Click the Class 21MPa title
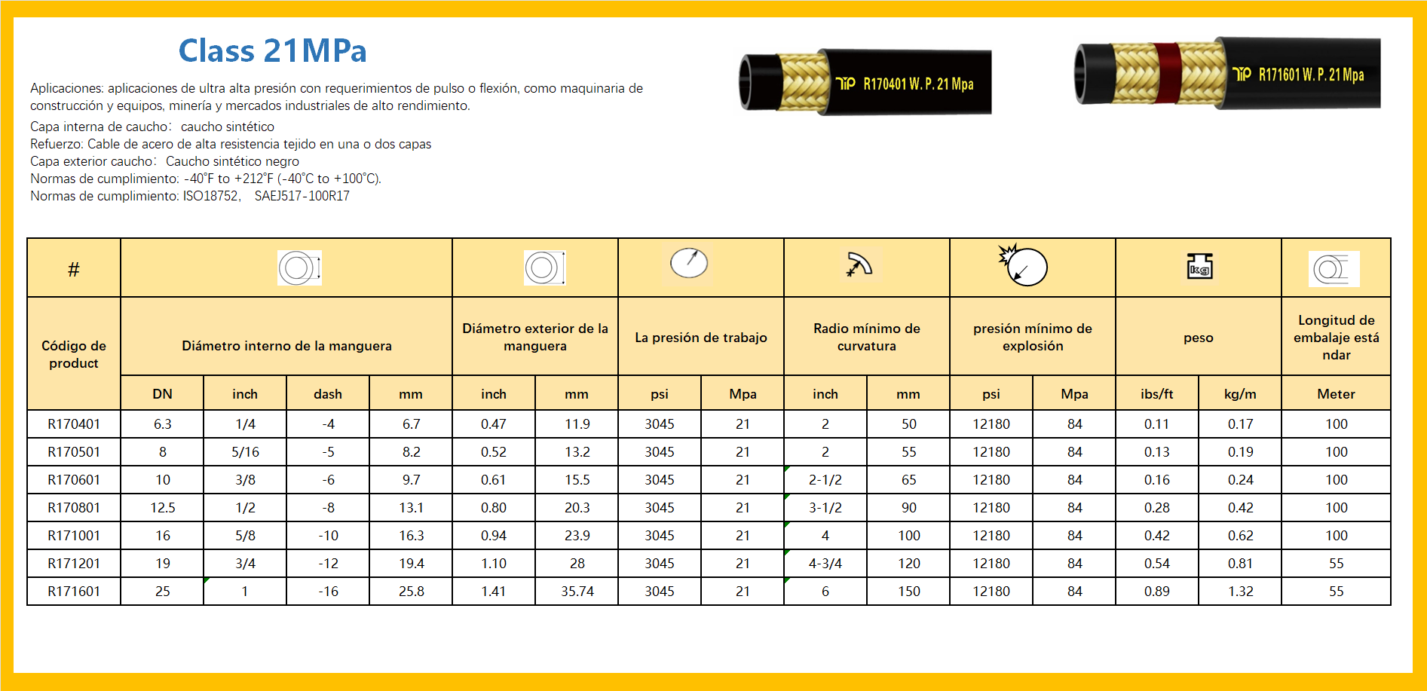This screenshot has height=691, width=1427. pos(272,51)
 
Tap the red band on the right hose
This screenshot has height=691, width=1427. pos(1167,73)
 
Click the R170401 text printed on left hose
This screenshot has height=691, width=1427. pos(884,84)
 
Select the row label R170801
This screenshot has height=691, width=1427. pos(74,508)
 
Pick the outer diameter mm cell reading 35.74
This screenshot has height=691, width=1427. pos(577,592)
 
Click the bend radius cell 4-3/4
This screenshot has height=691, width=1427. pos(825,564)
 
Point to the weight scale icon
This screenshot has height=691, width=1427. pos(1199,267)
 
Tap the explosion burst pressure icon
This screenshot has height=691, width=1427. pos(1023,265)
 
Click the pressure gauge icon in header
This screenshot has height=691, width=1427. pos(689,263)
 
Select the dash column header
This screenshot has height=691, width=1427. pos(328,394)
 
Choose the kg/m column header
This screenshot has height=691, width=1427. pos(1240,394)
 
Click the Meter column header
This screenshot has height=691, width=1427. pos(1336,394)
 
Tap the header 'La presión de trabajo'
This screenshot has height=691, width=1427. pos(700,338)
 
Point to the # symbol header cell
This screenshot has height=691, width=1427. pos(74,269)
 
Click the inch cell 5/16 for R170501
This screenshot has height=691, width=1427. pos(245,452)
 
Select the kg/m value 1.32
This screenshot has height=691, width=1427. pos(1240,592)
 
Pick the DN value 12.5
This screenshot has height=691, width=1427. pos(162,508)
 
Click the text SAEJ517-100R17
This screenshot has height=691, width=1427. pos(302,196)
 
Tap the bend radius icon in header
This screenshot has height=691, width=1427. pos(859,264)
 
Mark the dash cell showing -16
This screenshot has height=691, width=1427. pos(328,592)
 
